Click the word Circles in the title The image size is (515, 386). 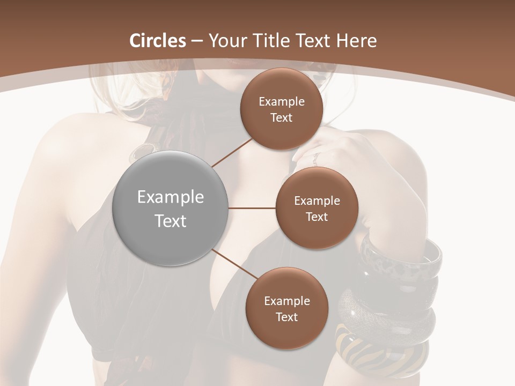click(158, 41)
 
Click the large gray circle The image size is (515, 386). click(171, 208)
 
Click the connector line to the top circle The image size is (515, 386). click(232, 151)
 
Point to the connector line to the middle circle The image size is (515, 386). click(252, 208)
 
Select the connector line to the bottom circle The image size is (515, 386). click(234, 264)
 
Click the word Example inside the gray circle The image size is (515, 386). click(171, 197)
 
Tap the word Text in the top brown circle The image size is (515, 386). click(281, 117)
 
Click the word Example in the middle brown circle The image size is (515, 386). click(317, 201)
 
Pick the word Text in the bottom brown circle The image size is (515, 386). click(286, 317)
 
